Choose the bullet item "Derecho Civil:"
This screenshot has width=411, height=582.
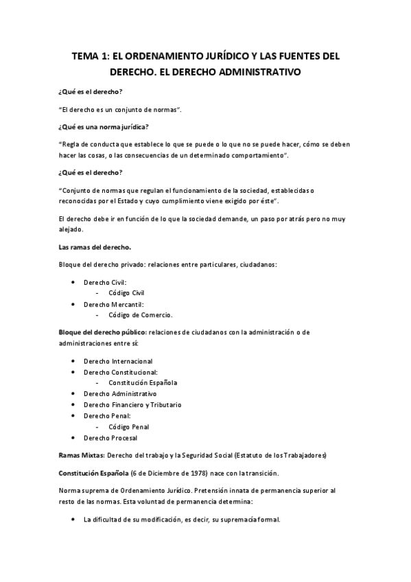point(105,282)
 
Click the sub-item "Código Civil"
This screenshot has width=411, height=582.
point(126,293)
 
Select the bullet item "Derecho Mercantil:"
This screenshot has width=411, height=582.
point(113,304)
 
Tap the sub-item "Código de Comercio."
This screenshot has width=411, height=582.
point(141,315)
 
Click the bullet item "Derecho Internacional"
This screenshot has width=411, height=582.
point(117,361)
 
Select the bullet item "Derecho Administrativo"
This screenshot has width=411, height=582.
point(119,394)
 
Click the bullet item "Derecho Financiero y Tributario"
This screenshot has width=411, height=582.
point(132,405)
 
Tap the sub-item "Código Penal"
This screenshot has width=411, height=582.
point(128,427)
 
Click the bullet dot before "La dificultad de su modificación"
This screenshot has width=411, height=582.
point(73,520)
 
